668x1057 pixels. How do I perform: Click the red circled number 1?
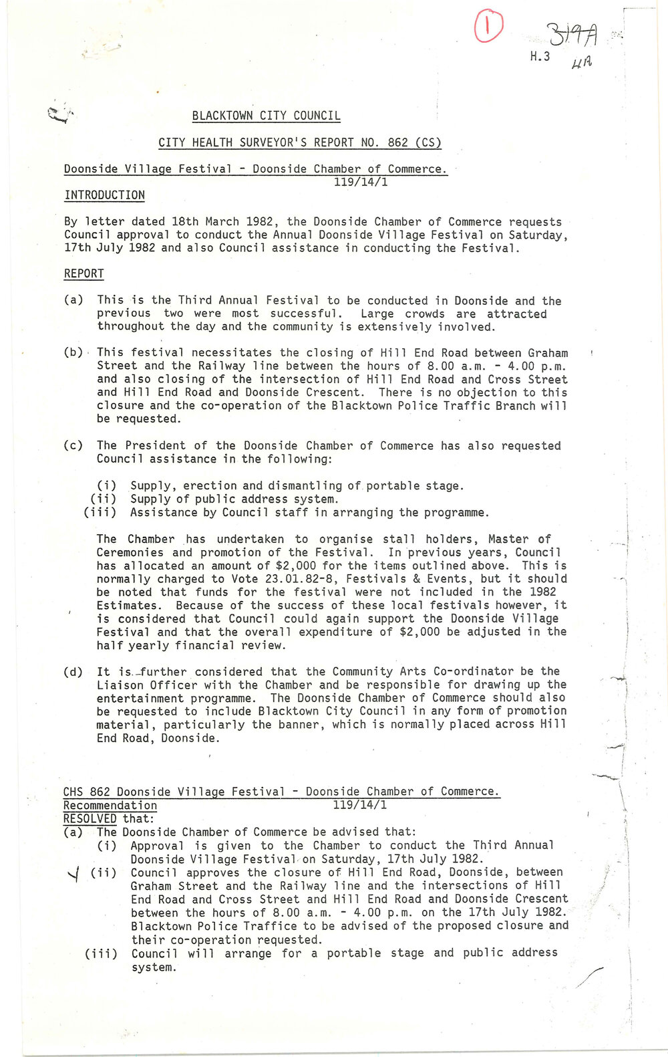click(488, 28)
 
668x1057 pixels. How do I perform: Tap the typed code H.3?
click(540, 57)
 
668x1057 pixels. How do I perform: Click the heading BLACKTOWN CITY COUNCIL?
click(266, 116)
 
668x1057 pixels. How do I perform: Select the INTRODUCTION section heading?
click(104, 195)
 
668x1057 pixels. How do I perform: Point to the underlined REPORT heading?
click(83, 274)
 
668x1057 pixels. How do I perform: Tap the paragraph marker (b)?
click(73, 353)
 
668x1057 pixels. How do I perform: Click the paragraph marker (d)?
click(73, 672)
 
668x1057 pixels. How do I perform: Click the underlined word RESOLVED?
click(90, 819)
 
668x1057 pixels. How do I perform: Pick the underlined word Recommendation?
click(110, 806)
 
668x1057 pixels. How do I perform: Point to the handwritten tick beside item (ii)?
click(74, 874)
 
